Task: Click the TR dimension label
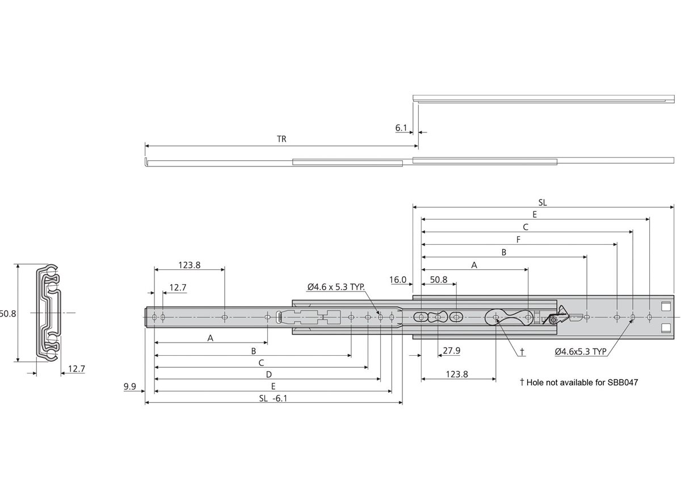pyautogui.click(x=281, y=139)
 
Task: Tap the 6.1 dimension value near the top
pyautogui.click(x=401, y=128)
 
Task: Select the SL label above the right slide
pyautogui.click(x=543, y=202)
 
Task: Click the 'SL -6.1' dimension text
pyautogui.click(x=272, y=399)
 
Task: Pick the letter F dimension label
pyautogui.click(x=518, y=239)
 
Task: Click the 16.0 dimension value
pyautogui.click(x=398, y=280)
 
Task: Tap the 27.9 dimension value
pyautogui.click(x=452, y=351)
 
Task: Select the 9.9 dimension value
pyautogui.click(x=129, y=387)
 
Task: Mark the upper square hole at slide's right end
pyautogui.click(x=665, y=306)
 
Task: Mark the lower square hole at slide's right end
pyautogui.click(x=665, y=327)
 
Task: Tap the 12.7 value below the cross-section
pyautogui.click(x=76, y=369)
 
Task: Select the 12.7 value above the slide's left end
pyautogui.click(x=178, y=288)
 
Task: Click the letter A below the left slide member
pyautogui.click(x=210, y=338)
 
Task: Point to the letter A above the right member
pyautogui.click(x=474, y=265)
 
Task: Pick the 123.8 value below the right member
pyautogui.click(x=457, y=374)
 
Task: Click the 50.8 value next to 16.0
pyautogui.click(x=439, y=280)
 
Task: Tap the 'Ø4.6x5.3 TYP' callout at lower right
pyautogui.click(x=583, y=352)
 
